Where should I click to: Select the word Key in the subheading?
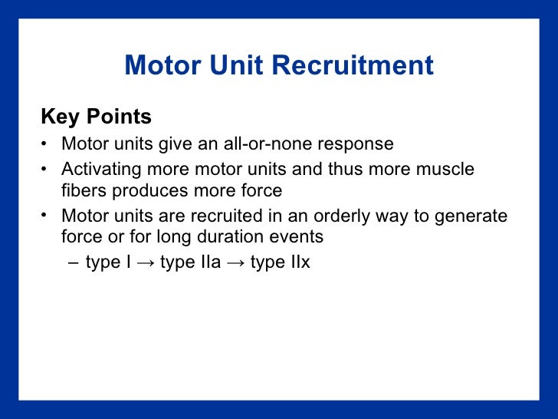click(61, 117)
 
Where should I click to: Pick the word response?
click(360, 144)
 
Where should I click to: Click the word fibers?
click(82, 191)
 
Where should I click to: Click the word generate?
click(471, 216)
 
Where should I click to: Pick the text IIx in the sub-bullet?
click(297, 262)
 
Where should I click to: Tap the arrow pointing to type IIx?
click(236, 263)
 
